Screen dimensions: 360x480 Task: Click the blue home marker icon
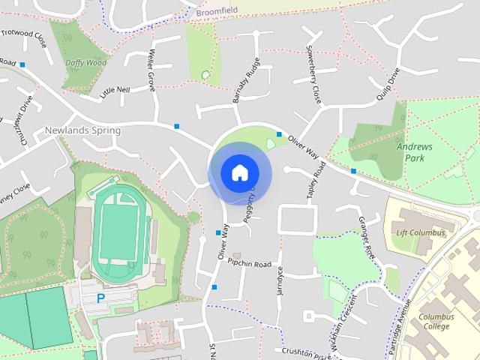pos(238,172)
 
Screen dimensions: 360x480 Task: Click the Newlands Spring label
pos(82,130)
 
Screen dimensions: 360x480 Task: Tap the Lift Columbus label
pos(420,233)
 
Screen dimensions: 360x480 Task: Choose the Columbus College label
pos(436,322)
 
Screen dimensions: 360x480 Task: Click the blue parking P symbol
pos(100,298)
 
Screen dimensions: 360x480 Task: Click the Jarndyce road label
pos(281,283)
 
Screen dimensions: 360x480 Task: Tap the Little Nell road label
pos(115,91)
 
